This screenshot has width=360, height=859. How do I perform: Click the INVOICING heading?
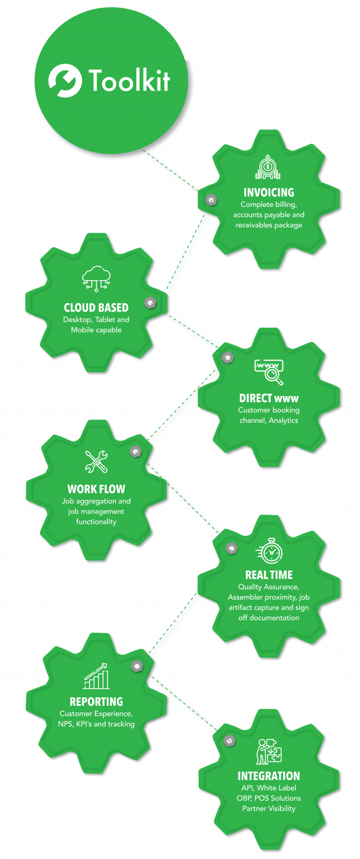pos(269,193)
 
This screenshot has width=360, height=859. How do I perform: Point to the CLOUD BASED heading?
pos(96,308)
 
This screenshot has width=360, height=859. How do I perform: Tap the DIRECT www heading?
pos(268,398)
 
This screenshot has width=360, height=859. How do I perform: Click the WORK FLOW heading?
pos(96,489)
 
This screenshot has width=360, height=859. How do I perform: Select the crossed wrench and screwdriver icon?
pos(96,461)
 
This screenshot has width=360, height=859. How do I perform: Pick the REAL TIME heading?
pos(268,575)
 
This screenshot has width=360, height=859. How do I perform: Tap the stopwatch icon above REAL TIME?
pos(270,550)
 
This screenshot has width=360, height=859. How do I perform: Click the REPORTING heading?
pos(96,701)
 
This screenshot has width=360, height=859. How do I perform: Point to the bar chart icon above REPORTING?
pos(97,676)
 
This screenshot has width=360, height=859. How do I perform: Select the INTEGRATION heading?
pos(268,776)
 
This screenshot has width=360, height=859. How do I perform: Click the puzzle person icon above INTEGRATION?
pos(269,752)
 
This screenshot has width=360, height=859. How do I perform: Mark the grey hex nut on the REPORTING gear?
pos(136,666)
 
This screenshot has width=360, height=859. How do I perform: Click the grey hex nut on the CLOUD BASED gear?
pos(150,303)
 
